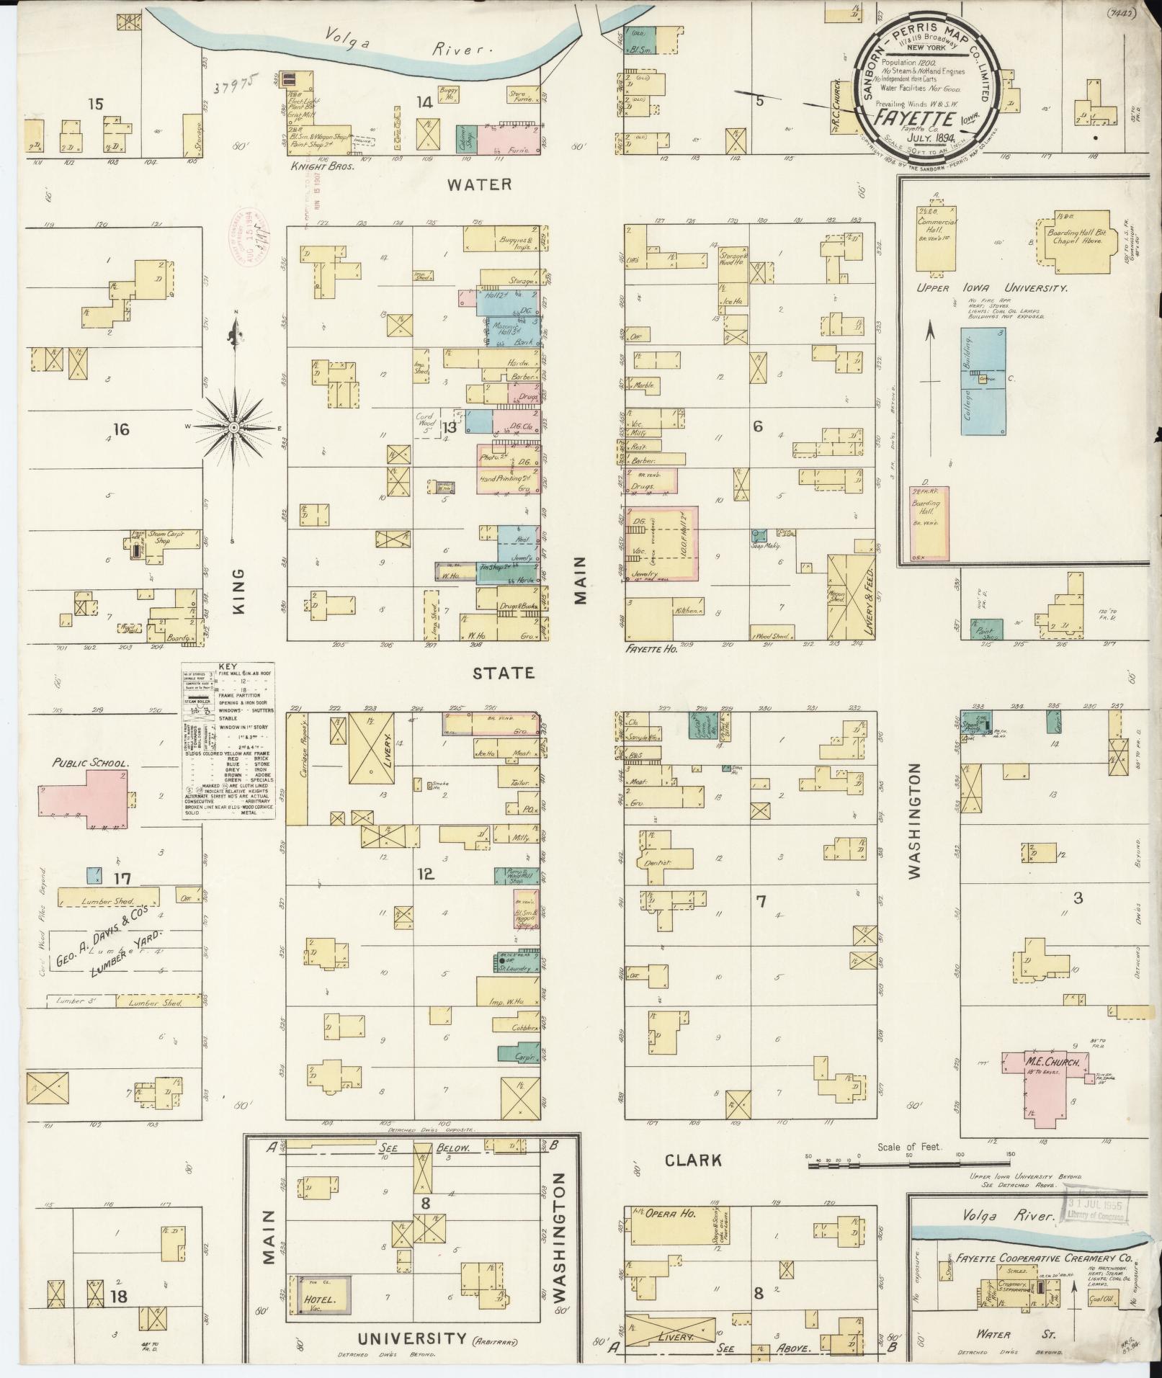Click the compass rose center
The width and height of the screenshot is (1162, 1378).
pos(234,427)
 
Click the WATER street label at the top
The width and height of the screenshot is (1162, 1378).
pos(479,184)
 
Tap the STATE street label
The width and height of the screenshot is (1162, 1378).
pos(504,673)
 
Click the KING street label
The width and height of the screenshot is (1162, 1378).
pos(238,591)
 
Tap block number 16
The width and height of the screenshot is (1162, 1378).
pos(120,429)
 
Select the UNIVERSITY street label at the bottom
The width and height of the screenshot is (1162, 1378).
pos(412,1338)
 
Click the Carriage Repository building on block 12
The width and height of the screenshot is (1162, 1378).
pos(297,769)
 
